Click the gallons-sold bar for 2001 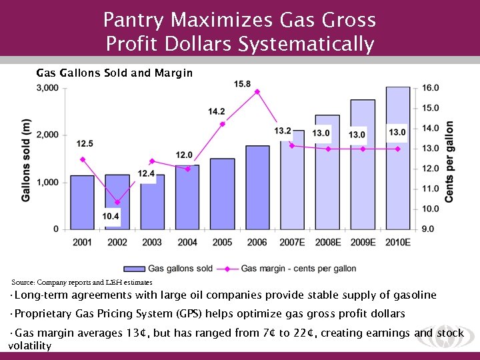[82, 203]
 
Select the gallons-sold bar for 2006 [257, 187]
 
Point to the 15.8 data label [243, 84]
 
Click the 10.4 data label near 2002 [111, 216]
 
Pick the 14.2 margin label [217, 111]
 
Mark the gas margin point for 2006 [257, 91]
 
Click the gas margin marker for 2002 [117, 202]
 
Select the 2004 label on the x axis [187, 242]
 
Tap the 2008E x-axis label [327, 242]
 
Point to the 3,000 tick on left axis [48, 88]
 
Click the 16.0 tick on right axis [431, 88]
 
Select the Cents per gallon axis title [450, 161]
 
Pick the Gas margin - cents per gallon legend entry [298, 269]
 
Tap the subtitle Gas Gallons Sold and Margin [114, 73]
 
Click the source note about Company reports [82, 283]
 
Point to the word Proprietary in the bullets [41, 313]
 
